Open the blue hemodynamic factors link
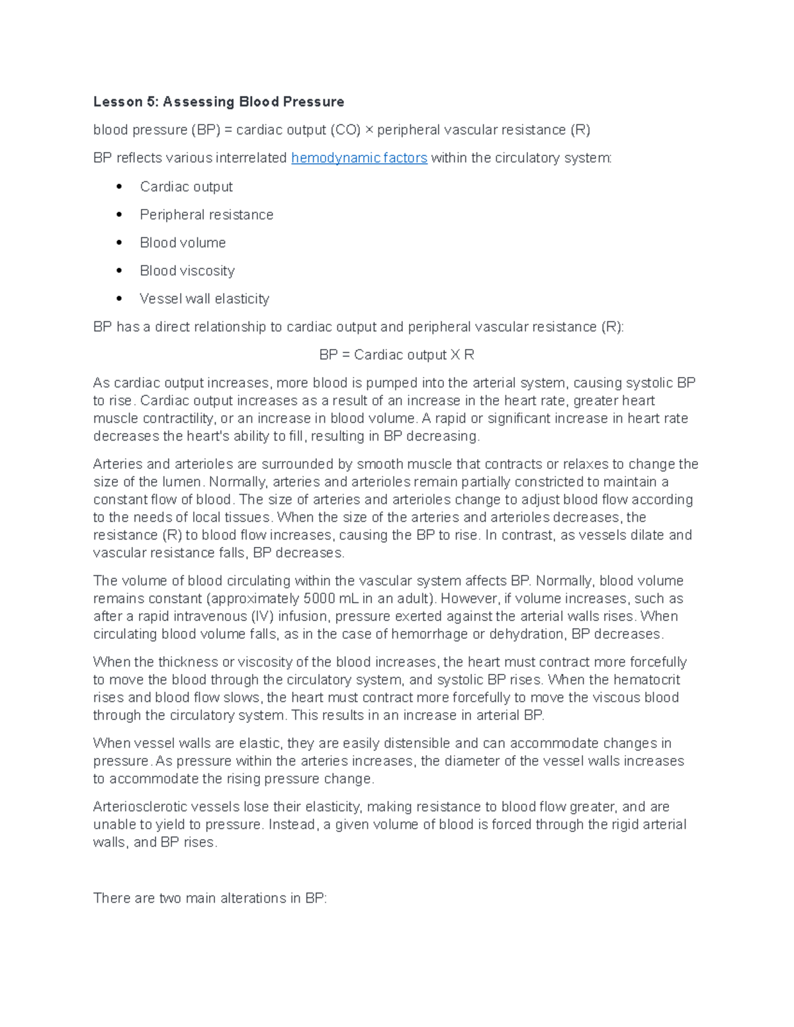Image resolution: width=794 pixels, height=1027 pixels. coord(359,158)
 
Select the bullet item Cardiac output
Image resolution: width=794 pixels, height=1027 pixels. coord(186,187)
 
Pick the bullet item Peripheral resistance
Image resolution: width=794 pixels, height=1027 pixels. coord(206,215)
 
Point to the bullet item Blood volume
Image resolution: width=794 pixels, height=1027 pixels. coord(183,243)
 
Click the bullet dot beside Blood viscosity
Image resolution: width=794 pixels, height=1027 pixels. coord(119,270)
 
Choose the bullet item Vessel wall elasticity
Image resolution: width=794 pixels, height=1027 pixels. coord(204,299)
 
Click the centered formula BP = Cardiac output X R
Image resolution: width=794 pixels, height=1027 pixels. coord(396,355)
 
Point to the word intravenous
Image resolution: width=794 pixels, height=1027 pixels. coord(210,616)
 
